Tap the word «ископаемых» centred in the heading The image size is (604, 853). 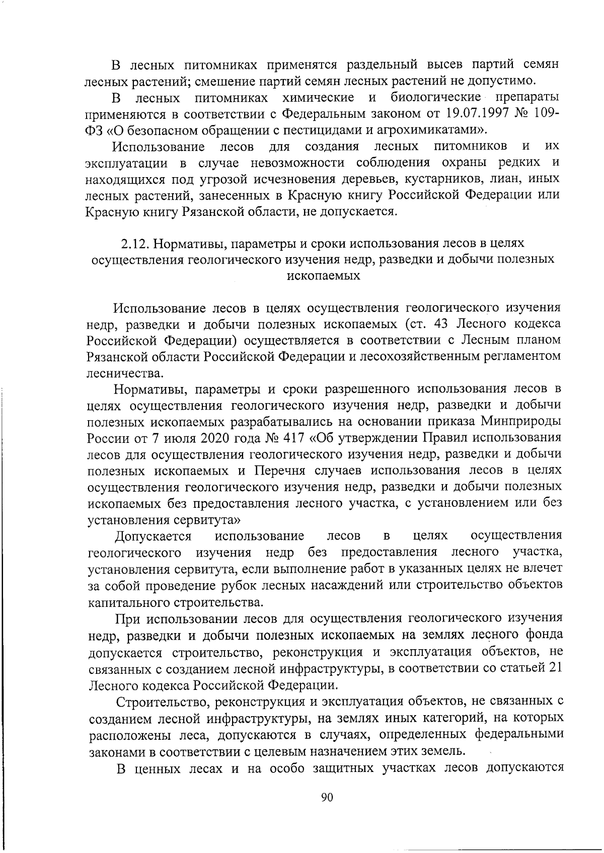point(323,276)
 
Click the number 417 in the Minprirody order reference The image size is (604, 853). point(294,437)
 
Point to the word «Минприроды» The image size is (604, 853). point(521,421)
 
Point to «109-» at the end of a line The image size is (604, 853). point(542,113)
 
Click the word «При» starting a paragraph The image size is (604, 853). point(129,618)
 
